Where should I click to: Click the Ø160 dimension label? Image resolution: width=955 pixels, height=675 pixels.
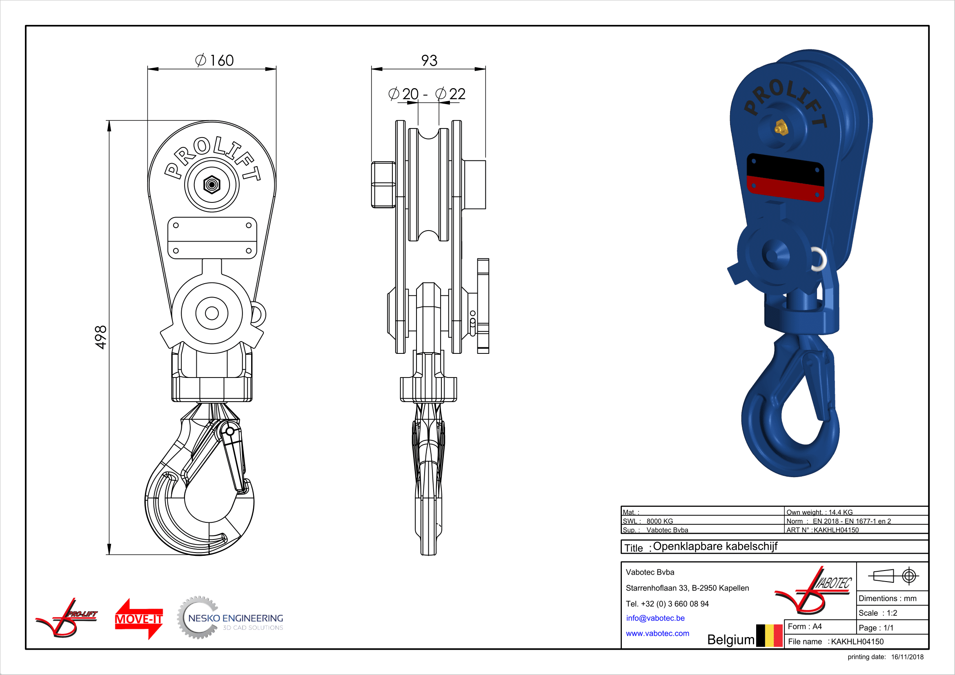[214, 60]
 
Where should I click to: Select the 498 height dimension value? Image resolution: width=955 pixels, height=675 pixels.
[101, 337]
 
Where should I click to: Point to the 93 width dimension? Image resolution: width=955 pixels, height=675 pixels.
[429, 60]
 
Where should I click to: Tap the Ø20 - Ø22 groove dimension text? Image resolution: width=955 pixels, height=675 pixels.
[427, 94]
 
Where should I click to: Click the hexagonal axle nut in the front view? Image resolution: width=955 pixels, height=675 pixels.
[212, 184]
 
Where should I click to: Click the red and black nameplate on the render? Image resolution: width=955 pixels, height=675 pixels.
[785, 178]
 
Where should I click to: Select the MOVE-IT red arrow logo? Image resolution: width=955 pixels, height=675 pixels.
[138, 618]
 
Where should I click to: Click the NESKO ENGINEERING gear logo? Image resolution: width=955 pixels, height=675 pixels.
[230, 617]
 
